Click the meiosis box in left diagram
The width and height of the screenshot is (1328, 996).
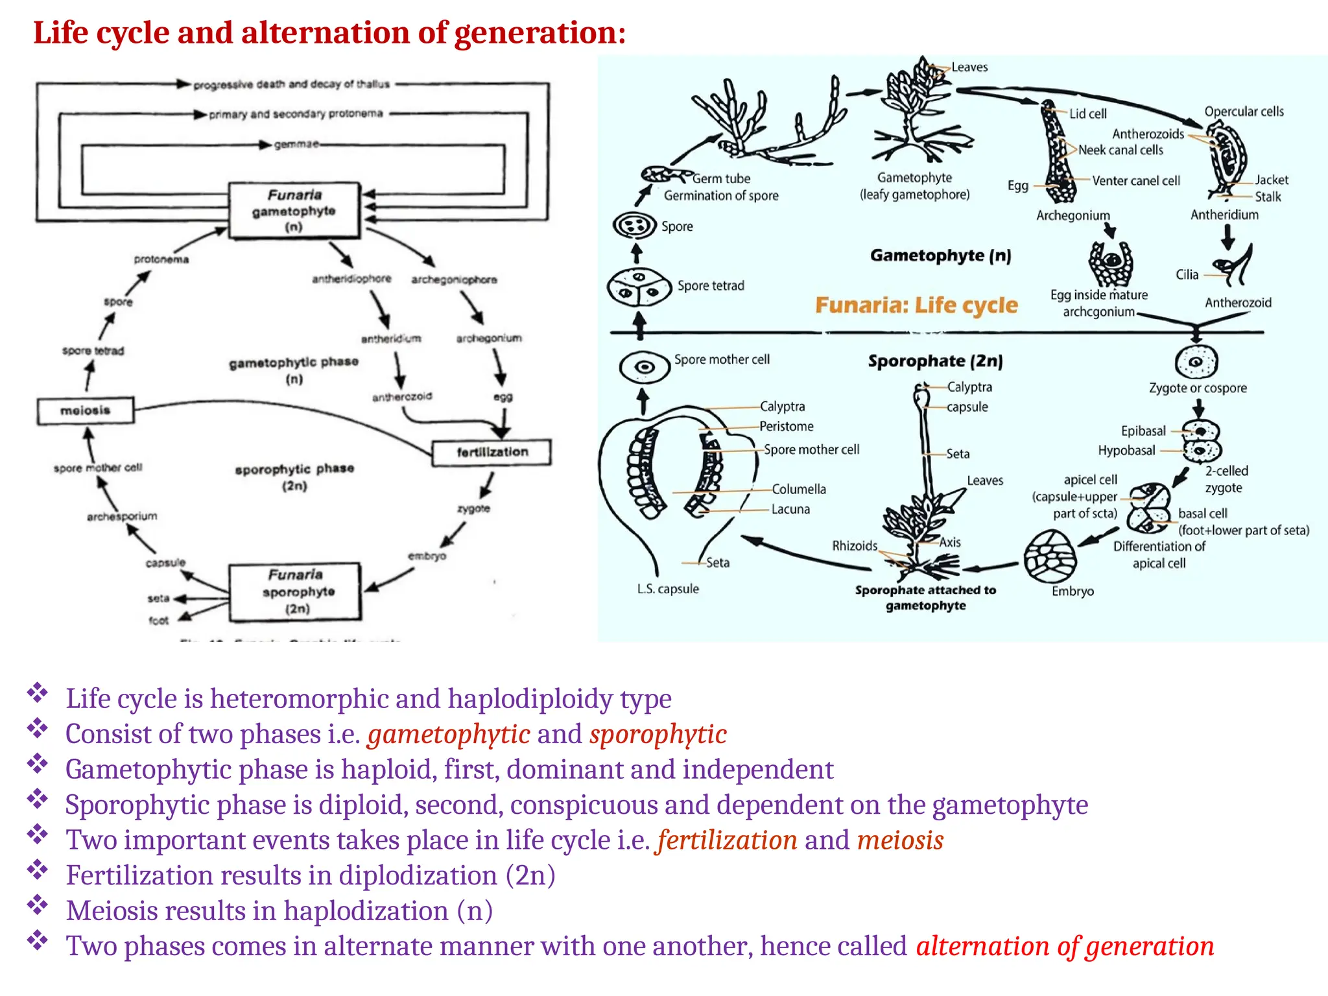tap(86, 410)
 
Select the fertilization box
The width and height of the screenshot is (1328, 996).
tap(492, 452)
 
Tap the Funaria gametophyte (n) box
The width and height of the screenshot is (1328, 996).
tap(294, 211)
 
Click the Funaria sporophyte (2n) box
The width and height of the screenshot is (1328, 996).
tap(295, 591)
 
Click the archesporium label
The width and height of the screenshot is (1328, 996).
tap(122, 516)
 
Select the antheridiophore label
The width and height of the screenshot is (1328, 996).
tap(351, 279)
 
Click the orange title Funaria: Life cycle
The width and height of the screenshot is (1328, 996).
tap(916, 305)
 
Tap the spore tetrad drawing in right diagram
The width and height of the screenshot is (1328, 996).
tap(639, 286)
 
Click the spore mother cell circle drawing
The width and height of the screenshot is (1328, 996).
tap(644, 367)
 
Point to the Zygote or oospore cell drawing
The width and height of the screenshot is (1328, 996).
tap(1196, 362)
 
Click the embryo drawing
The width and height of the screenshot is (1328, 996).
tap(1050, 556)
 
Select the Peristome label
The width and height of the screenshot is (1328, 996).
tap(786, 426)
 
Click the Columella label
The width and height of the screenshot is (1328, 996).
tap(798, 489)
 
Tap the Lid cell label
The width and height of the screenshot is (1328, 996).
tap(1087, 114)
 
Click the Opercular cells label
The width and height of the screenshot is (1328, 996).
tap(1244, 112)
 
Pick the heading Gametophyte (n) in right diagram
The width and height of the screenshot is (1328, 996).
tap(940, 255)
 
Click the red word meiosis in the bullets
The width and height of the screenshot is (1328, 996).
tap(900, 840)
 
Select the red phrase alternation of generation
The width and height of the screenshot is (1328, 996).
tap(1065, 946)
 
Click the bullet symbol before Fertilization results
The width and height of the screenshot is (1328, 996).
tap(38, 869)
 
